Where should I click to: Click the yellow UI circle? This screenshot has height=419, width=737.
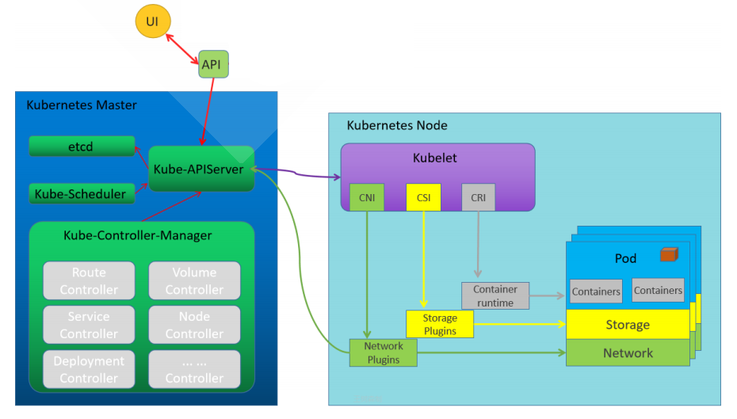(x=153, y=21)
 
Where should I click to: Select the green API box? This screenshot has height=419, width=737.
(x=213, y=64)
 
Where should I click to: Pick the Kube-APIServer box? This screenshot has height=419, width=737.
(x=201, y=168)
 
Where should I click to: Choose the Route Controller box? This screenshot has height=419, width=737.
(x=89, y=281)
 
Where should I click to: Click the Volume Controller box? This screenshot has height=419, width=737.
(x=194, y=281)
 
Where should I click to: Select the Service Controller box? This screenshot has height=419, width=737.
(x=89, y=325)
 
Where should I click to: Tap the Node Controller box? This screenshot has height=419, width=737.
(x=194, y=325)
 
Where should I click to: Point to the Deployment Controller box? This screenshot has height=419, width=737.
(x=89, y=369)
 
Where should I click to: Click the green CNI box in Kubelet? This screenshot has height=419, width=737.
(x=367, y=197)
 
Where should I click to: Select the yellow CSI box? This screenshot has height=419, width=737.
(x=423, y=197)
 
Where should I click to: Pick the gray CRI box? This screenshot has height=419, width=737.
(x=478, y=197)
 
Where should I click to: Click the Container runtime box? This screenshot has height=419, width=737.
(x=495, y=295)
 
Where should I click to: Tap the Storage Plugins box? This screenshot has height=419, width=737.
(x=440, y=324)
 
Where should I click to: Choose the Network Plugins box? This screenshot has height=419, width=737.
(x=384, y=352)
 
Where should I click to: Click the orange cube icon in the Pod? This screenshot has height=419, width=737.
(x=669, y=254)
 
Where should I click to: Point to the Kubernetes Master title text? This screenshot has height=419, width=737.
(x=82, y=105)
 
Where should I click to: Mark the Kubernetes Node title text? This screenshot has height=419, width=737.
(x=397, y=125)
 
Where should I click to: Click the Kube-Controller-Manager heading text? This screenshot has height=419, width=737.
(x=138, y=235)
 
